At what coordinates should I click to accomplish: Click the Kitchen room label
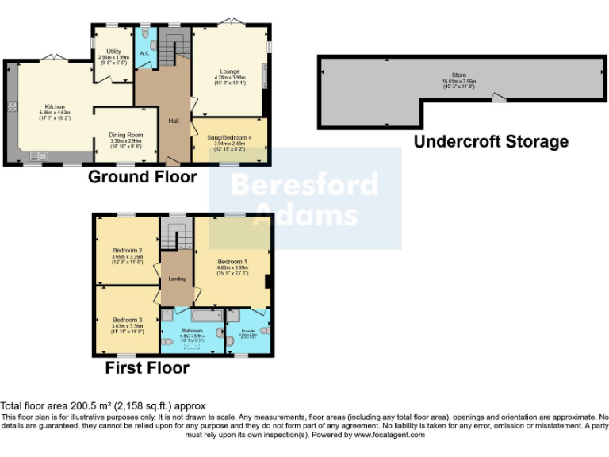(x=54, y=106)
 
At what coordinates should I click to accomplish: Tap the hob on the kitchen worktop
(x=13, y=106)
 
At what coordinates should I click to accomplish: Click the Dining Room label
(x=125, y=135)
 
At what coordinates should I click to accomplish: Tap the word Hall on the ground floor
(x=173, y=121)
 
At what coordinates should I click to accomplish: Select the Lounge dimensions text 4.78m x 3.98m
(x=230, y=78)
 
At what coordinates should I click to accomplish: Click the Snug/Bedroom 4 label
(x=230, y=137)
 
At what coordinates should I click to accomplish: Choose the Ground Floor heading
(x=131, y=176)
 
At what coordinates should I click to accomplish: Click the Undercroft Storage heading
(x=492, y=142)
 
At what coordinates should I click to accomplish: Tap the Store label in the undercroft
(x=458, y=75)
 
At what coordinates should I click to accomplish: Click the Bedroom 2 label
(x=127, y=251)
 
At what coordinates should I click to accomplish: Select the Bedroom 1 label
(x=232, y=262)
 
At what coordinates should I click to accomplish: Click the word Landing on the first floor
(x=177, y=278)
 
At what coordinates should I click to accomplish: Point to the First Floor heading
(x=147, y=368)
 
